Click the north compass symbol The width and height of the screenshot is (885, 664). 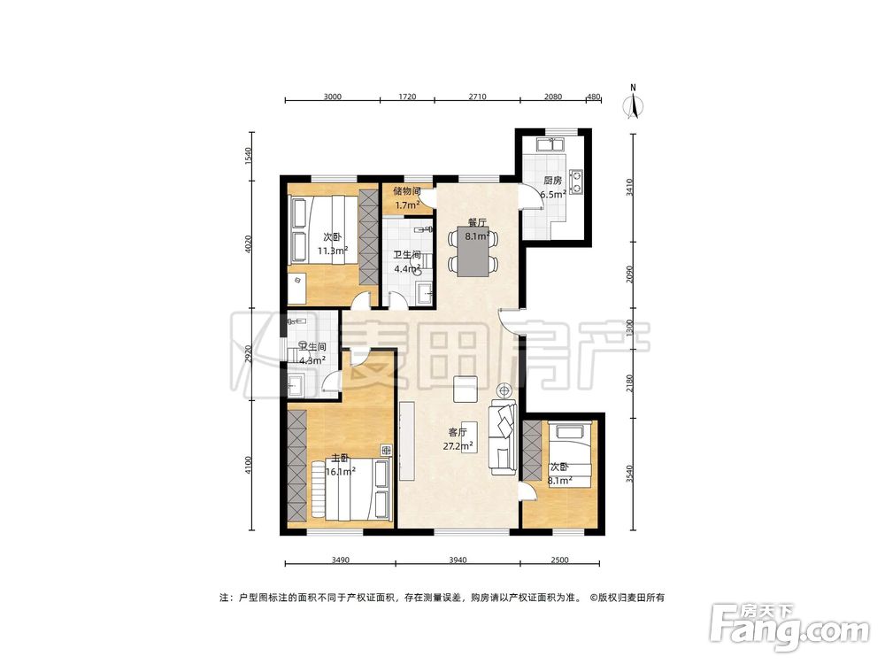click(634, 103)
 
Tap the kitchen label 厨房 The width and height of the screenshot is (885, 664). click(552, 181)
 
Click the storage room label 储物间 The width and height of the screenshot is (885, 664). click(407, 191)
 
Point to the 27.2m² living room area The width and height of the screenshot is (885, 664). click(458, 446)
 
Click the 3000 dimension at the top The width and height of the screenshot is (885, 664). click(333, 97)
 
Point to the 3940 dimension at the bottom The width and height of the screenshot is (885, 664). click(458, 560)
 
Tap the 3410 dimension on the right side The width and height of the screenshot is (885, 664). click(630, 188)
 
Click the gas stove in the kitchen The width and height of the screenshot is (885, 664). click(577, 181)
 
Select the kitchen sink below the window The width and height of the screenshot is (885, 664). click(550, 144)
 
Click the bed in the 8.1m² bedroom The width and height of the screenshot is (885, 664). click(570, 455)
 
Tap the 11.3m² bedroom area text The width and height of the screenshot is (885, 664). click(333, 251)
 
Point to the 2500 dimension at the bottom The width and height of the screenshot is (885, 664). click(559, 560)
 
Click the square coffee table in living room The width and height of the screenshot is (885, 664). click(466, 389)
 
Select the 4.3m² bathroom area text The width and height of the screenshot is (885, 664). click(312, 360)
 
